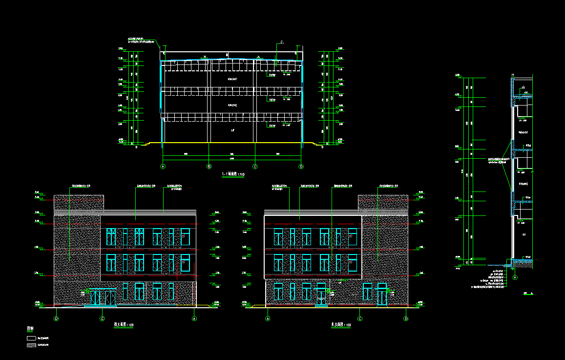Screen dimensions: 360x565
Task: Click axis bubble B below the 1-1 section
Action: click(209, 167)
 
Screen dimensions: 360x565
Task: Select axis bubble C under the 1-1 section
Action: click(254, 167)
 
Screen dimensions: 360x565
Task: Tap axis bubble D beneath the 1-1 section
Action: click(301, 167)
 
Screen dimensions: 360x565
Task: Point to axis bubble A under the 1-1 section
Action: click(163, 167)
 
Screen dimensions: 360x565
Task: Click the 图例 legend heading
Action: click(30, 329)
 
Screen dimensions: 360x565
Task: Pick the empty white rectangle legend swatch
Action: click(31, 338)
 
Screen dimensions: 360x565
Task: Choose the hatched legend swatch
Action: click(31, 345)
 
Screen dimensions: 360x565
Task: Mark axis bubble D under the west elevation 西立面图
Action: click(56, 319)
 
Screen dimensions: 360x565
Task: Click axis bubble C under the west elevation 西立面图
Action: click(102, 319)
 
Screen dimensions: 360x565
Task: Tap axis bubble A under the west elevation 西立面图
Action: click(194, 319)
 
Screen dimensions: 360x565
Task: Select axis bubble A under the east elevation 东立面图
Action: click(268, 319)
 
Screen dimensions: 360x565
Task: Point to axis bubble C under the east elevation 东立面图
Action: click(360, 319)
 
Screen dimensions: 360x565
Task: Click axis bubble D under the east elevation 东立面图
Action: click(406, 319)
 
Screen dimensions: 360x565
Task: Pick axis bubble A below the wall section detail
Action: click(515, 277)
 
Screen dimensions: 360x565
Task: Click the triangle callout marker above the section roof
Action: click(282, 42)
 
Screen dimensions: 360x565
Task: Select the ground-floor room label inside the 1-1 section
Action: click(232, 130)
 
